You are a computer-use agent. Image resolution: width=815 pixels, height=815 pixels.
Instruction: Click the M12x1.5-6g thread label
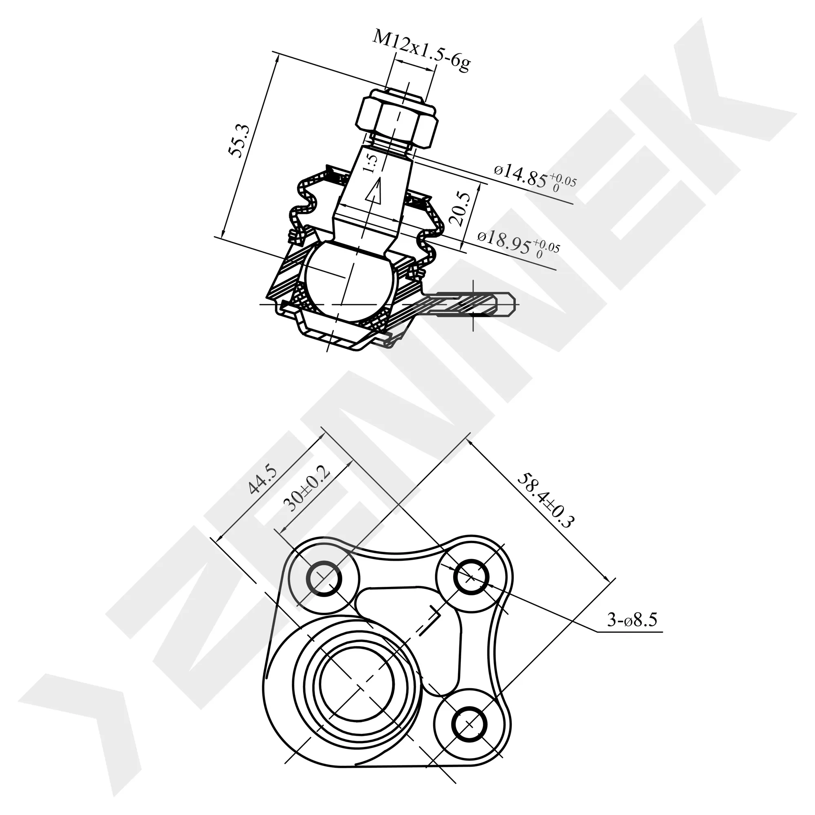(421, 51)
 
